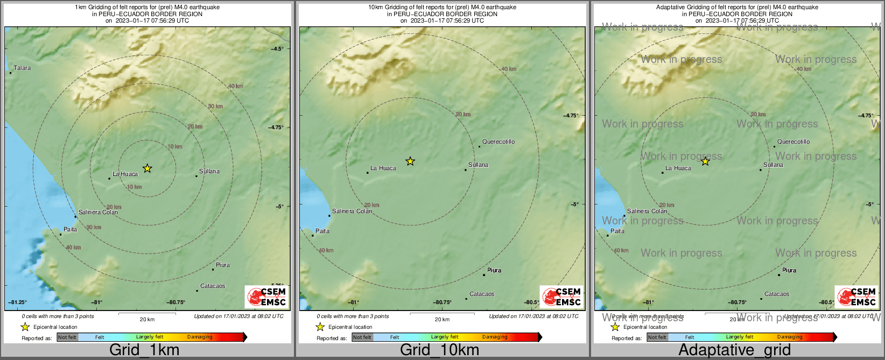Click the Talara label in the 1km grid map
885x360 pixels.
(22, 68)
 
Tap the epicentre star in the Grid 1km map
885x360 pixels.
(147, 168)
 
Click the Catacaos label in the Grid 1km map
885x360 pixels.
(213, 286)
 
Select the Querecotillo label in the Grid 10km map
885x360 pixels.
(498, 142)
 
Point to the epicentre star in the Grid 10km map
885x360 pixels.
(410, 161)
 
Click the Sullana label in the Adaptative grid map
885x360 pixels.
(773, 165)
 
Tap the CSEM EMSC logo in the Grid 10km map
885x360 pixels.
(561, 297)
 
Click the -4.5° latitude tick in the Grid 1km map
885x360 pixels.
(277, 49)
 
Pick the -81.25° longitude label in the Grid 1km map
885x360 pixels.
(18, 302)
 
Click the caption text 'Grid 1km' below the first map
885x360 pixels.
(144, 350)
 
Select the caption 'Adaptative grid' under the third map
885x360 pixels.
(734, 350)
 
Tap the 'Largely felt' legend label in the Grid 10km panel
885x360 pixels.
(445, 337)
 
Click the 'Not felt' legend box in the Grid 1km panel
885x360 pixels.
(67, 337)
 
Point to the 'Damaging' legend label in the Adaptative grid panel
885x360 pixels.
(790, 337)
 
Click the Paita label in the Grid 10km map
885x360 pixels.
(322, 231)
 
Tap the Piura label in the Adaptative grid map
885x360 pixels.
(789, 271)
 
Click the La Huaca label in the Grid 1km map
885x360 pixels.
(125, 174)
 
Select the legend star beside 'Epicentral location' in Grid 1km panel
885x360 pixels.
(25, 327)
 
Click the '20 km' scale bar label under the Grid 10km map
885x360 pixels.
(442, 320)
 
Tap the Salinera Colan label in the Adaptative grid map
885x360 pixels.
(647, 211)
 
